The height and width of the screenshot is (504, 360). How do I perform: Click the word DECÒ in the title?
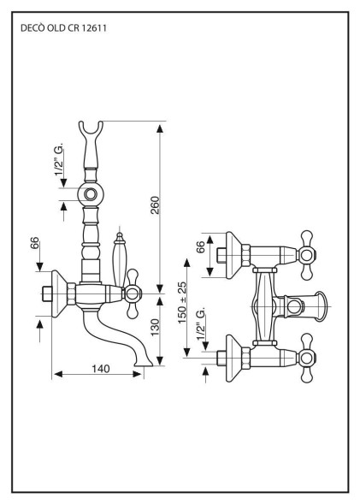pyautogui.click(x=32, y=27)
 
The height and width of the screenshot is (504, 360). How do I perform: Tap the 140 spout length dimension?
pyautogui.click(x=102, y=368)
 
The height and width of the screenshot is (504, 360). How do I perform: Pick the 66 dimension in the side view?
pyautogui.click(x=35, y=244)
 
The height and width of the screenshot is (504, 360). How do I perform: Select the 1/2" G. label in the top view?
pyautogui.click(x=201, y=329)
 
